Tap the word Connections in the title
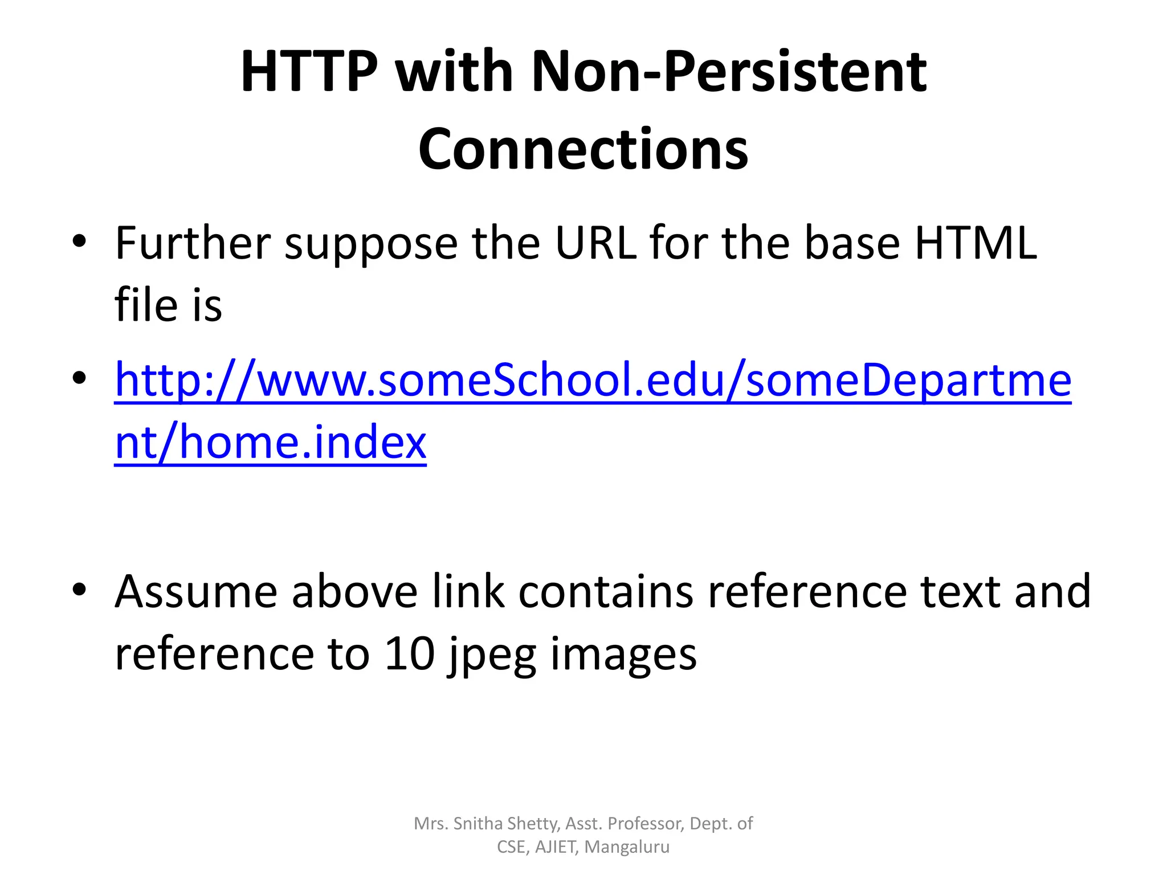point(583,149)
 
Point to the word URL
point(596,243)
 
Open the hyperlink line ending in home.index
point(270,442)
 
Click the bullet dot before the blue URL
point(79,377)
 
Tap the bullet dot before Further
point(79,240)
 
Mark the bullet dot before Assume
point(79,588)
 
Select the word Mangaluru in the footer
point(627,847)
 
